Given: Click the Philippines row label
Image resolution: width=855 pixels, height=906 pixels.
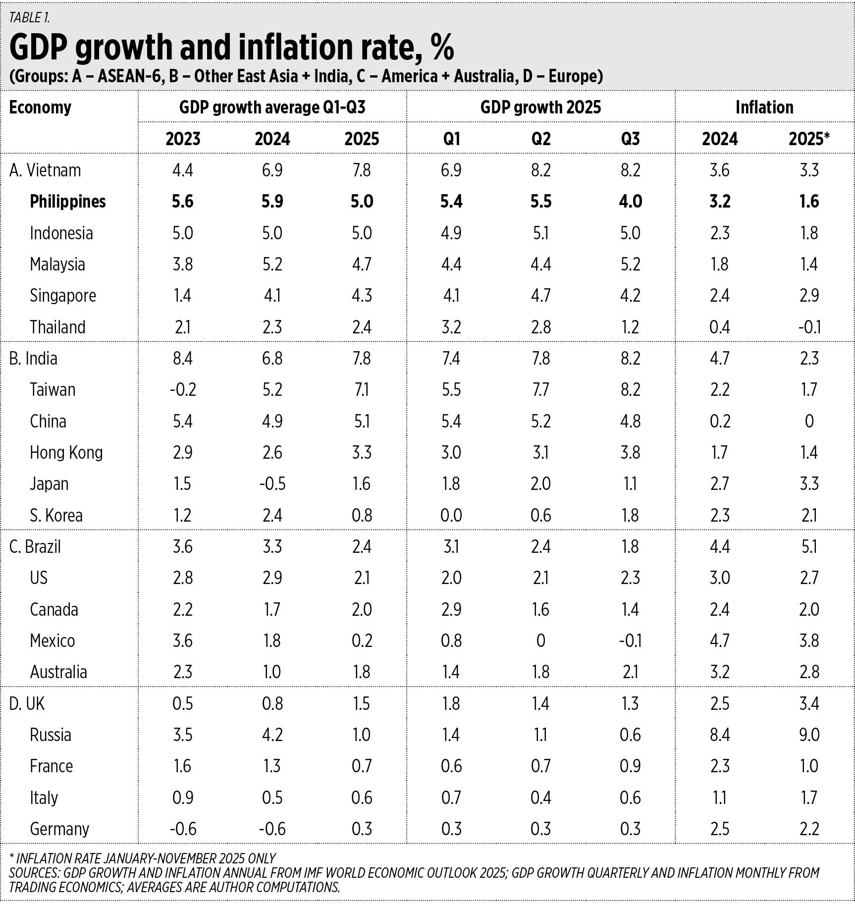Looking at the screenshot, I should (67, 202).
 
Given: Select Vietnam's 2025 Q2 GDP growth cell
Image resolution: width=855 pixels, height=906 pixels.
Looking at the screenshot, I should (540, 170).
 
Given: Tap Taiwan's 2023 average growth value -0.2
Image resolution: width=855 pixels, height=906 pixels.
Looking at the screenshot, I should (183, 390).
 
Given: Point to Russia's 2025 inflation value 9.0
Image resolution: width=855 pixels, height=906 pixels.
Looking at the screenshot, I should (809, 735).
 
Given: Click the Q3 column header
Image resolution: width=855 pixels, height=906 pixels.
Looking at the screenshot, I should (630, 139).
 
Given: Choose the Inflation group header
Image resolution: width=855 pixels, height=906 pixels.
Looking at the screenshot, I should (764, 107).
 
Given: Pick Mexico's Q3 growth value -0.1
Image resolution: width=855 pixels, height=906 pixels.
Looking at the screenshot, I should (630, 640).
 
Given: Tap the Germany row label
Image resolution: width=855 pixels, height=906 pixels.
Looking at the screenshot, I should (59, 829).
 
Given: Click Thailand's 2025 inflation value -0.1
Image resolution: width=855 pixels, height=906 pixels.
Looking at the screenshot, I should (809, 327).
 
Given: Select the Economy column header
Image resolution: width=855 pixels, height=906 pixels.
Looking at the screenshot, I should (40, 107).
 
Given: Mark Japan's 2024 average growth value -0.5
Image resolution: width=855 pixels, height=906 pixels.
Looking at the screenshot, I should (272, 484).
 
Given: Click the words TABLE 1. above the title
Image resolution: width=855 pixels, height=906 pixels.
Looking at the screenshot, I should (29, 18).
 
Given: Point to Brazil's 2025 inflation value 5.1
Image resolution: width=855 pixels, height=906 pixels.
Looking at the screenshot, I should (809, 547).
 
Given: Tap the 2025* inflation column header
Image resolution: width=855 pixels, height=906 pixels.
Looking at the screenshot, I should (809, 139).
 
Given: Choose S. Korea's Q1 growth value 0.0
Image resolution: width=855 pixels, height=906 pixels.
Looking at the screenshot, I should (451, 515).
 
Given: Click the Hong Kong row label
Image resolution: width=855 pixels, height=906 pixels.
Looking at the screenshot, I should (66, 453).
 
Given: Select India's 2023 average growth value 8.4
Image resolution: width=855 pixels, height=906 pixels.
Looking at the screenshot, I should (183, 359).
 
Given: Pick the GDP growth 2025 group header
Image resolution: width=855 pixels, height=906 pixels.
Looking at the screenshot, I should (540, 107).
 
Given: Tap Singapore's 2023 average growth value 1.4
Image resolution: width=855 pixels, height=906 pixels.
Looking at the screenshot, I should (183, 296).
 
